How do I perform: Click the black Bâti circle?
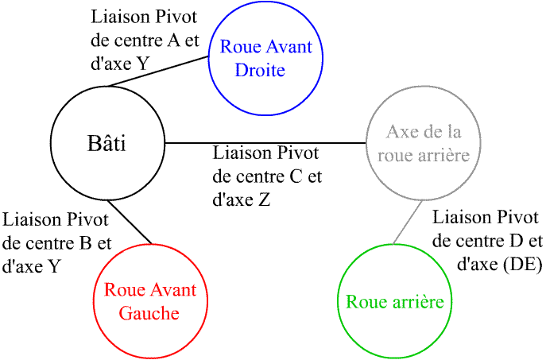pyautogui.click(x=107, y=171)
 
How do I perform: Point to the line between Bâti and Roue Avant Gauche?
pyautogui.click(x=130, y=222)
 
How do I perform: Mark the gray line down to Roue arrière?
pyautogui.click(x=407, y=223)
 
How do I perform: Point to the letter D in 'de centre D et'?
pyautogui.click(x=513, y=241)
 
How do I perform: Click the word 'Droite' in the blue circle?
pyautogui.click(x=260, y=71)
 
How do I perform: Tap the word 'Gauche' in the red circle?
pyautogui.click(x=149, y=312)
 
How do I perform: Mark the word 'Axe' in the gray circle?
pyautogui.click(x=401, y=131)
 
